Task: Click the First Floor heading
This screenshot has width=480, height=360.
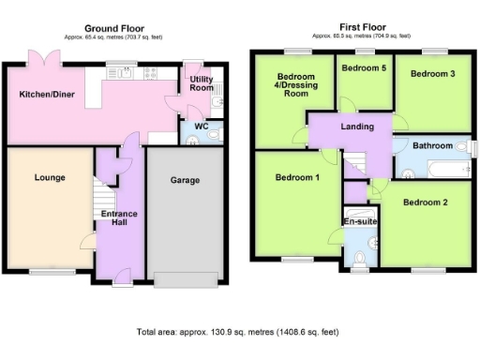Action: click(x=361, y=29)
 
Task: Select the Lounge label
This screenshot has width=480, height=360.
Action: click(x=49, y=176)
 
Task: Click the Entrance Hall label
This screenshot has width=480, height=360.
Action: click(x=119, y=218)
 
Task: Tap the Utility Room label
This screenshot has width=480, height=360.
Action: click(x=202, y=84)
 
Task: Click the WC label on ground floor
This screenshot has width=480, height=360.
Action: click(x=202, y=126)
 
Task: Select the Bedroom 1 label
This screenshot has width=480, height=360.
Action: click(x=296, y=176)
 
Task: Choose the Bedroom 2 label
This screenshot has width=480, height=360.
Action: click(x=425, y=202)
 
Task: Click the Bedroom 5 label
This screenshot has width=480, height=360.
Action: click(x=363, y=68)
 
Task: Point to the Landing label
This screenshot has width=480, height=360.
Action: click(x=357, y=127)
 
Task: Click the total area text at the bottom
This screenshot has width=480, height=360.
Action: click(x=237, y=332)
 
